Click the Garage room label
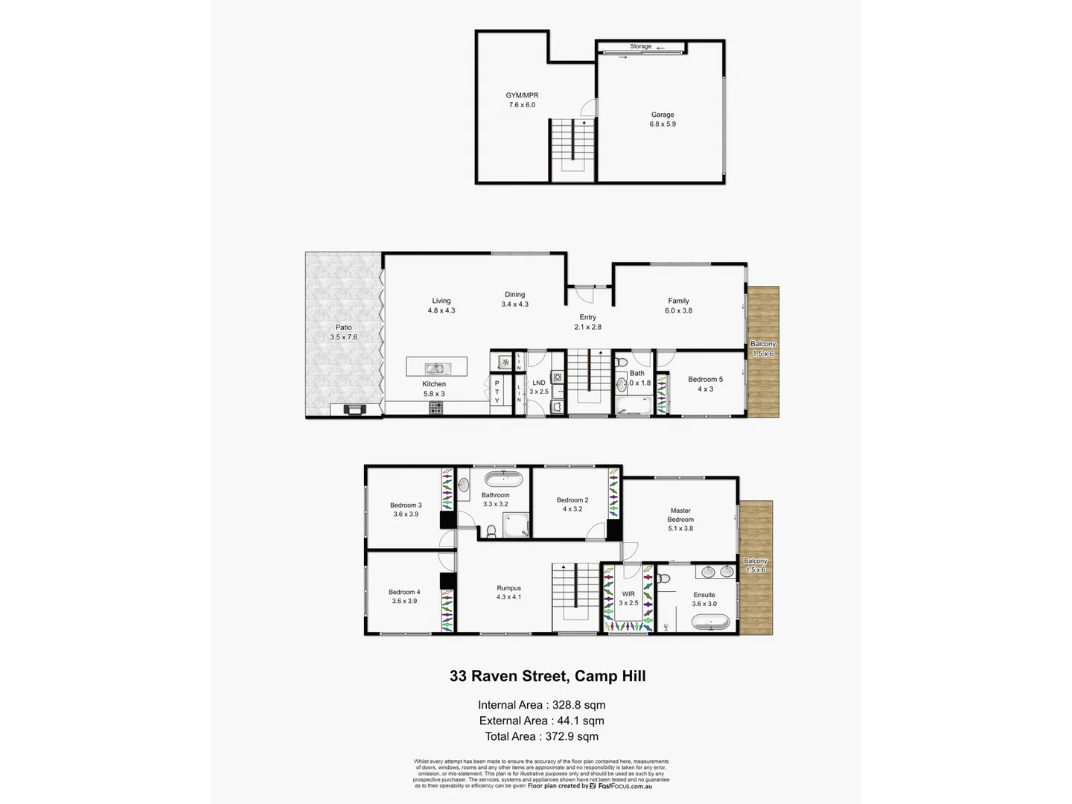pyautogui.click(x=663, y=115)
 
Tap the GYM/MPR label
pyautogui.click(x=522, y=95)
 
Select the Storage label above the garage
pyautogui.click(x=640, y=46)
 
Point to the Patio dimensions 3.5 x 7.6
pyautogui.click(x=344, y=337)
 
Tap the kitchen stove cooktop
pyautogui.click(x=435, y=407)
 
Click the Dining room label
pyautogui.click(x=514, y=294)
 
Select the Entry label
pyautogui.click(x=587, y=317)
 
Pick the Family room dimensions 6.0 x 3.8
pyautogui.click(x=678, y=310)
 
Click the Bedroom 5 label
pyautogui.click(x=705, y=379)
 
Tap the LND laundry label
pyautogui.click(x=539, y=383)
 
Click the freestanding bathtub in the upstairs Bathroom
pyautogui.click(x=504, y=478)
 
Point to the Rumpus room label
pyautogui.click(x=509, y=588)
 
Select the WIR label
pyautogui.click(x=628, y=594)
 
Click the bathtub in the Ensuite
pyautogui.click(x=710, y=623)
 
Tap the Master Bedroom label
pyautogui.click(x=680, y=515)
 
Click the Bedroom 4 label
pyautogui.click(x=404, y=592)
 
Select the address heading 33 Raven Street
pyautogui.click(x=547, y=676)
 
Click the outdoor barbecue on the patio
pyautogui.click(x=354, y=409)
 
